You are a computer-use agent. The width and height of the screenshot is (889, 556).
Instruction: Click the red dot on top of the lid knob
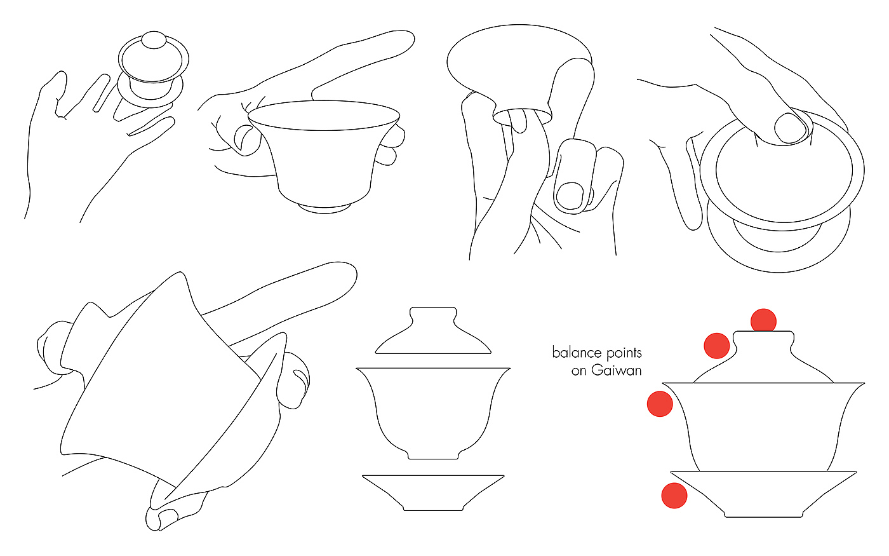pyautogui.click(x=763, y=321)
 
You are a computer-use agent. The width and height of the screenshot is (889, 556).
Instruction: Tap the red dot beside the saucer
pyautogui.click(x=674, y=495)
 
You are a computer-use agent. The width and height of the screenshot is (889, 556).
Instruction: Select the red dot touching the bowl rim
pyautogui.click(x=660, y=404)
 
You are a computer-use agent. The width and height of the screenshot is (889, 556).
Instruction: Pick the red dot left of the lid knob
pyautogui.click(x=716, y=346)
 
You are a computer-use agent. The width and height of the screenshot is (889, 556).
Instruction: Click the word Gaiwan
pyautogui.click(x=616, y=370)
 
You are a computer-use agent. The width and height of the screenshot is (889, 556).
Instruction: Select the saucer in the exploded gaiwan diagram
pyautogui.click(x=433, y=492)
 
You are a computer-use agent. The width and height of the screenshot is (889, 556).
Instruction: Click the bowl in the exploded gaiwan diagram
pyautogui.click(x=433, y=413)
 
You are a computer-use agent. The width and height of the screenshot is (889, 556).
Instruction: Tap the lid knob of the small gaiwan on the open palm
pyautogui.click(x=154, y=39)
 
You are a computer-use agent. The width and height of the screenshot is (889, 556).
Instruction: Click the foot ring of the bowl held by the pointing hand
pyautogui.click(x=324, y=209)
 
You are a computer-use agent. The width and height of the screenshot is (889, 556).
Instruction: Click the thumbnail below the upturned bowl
pyautogui.click(x=570, y=196)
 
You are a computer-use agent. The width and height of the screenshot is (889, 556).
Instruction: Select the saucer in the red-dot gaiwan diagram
pyautogui.click(x=763, y=494)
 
